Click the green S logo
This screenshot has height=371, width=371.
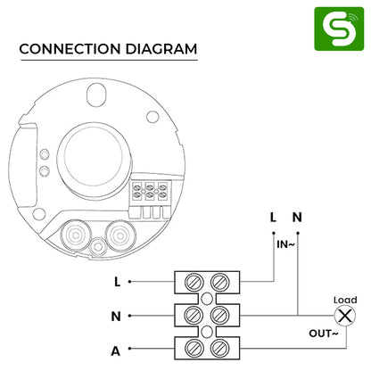coord(339,29)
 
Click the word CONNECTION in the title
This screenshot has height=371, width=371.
coord(70,49)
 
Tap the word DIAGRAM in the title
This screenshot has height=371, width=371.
coord(161,49)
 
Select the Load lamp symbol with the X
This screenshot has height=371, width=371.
coord(345,316)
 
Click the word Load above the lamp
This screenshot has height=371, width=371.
coord(345,300)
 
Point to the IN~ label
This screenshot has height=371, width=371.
coord(285,244)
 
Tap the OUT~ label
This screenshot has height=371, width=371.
coord(324,334)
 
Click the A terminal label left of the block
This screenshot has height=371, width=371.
coord(115,351)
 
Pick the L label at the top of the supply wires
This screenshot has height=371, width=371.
coord(273,218)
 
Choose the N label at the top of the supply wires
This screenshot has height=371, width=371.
coord(297,218)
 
